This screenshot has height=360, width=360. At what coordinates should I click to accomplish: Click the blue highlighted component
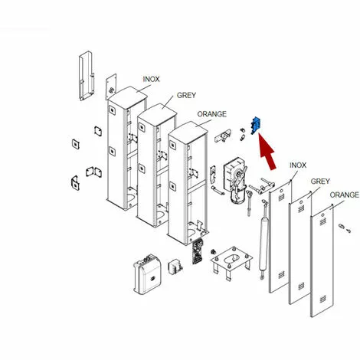coord(255,126)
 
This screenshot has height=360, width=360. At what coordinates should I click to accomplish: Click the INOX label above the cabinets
coord(151,80)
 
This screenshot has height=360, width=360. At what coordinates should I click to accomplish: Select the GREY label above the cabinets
coord(186,95)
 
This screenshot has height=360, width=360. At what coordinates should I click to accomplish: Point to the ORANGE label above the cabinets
coord(211,114)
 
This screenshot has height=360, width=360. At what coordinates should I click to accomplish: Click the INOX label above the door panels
coord(298,165)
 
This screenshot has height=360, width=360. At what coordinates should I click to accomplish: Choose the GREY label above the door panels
coord(320,182)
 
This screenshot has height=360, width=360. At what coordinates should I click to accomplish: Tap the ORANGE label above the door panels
coord(344,195)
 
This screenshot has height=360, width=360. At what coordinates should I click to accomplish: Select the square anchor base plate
coord(231,260)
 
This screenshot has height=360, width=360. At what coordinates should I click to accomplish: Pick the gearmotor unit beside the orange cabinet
coord(235,179)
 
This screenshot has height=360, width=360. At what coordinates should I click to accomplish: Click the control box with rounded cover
coord(148,274)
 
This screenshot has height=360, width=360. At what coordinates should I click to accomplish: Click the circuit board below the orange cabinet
coord(198,251)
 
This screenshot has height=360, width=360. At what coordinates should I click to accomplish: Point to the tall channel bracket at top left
coord(86,76)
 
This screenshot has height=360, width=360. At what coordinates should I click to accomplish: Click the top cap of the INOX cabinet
coord(128,97)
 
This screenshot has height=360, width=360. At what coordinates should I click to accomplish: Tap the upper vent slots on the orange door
coord(322,221)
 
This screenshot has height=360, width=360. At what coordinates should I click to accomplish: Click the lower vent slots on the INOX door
coord(281,275)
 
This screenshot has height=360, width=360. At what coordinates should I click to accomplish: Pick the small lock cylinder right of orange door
coord(345,228)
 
